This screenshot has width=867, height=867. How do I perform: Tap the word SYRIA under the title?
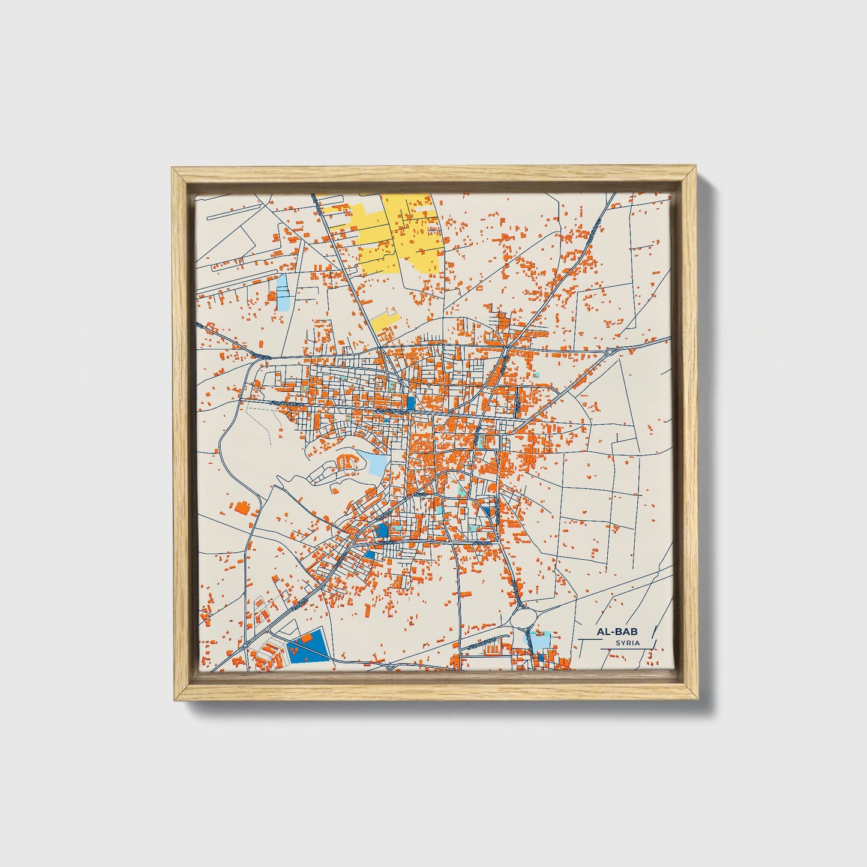[x=628, y=643]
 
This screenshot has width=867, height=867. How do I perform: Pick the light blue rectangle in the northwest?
[x=282, y=292]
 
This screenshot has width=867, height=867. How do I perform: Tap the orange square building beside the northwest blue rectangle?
[x=272, y=296]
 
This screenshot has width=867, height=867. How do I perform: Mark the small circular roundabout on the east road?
[x=610, y=352]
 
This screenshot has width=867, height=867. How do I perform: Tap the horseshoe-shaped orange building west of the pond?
[x=346, y=462]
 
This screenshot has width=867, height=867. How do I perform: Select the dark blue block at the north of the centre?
[x=411, y=403]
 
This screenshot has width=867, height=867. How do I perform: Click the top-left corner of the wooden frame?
[x=173, y=169]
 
